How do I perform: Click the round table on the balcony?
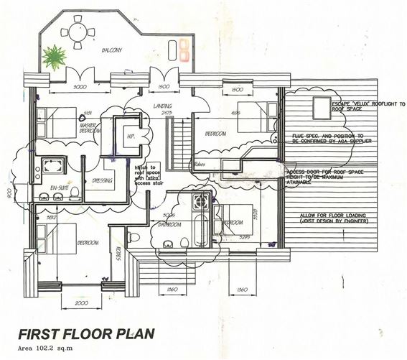point(75,32)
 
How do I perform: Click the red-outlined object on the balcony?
point(184,47)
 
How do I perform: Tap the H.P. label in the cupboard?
point(131,136)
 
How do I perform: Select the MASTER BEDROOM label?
point(91,128)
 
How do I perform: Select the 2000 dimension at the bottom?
point(80,305)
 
